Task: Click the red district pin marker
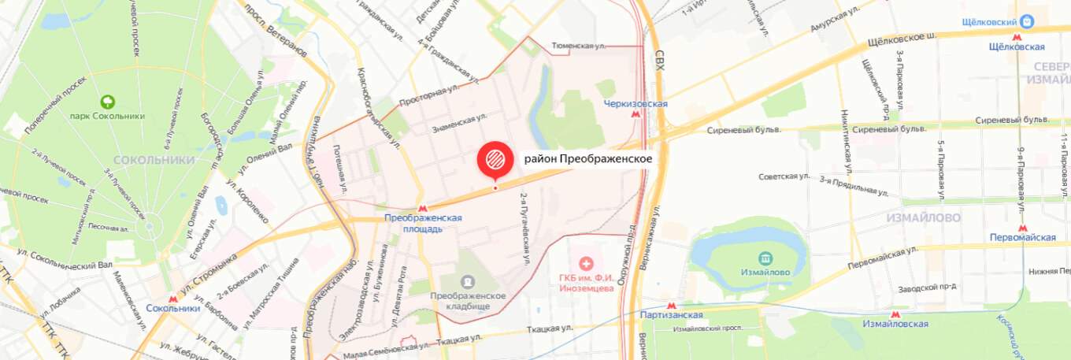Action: [495, 159]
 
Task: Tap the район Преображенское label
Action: [587, 159]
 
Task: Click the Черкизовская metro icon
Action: [636, 115]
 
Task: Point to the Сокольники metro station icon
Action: [172, 298]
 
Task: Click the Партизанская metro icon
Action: [671, 305]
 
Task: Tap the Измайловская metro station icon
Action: [894, 313]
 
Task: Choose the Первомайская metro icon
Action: [1022, 228]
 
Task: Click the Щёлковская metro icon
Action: [1018, 36]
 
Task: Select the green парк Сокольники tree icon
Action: [107, 102]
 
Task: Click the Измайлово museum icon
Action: [764, 258]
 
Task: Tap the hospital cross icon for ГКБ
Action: [585, 263]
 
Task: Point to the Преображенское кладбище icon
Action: [468, 281]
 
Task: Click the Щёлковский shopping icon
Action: [1027, 22]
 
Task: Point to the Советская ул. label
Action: [784, 176]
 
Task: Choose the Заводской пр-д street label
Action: [928, 287]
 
